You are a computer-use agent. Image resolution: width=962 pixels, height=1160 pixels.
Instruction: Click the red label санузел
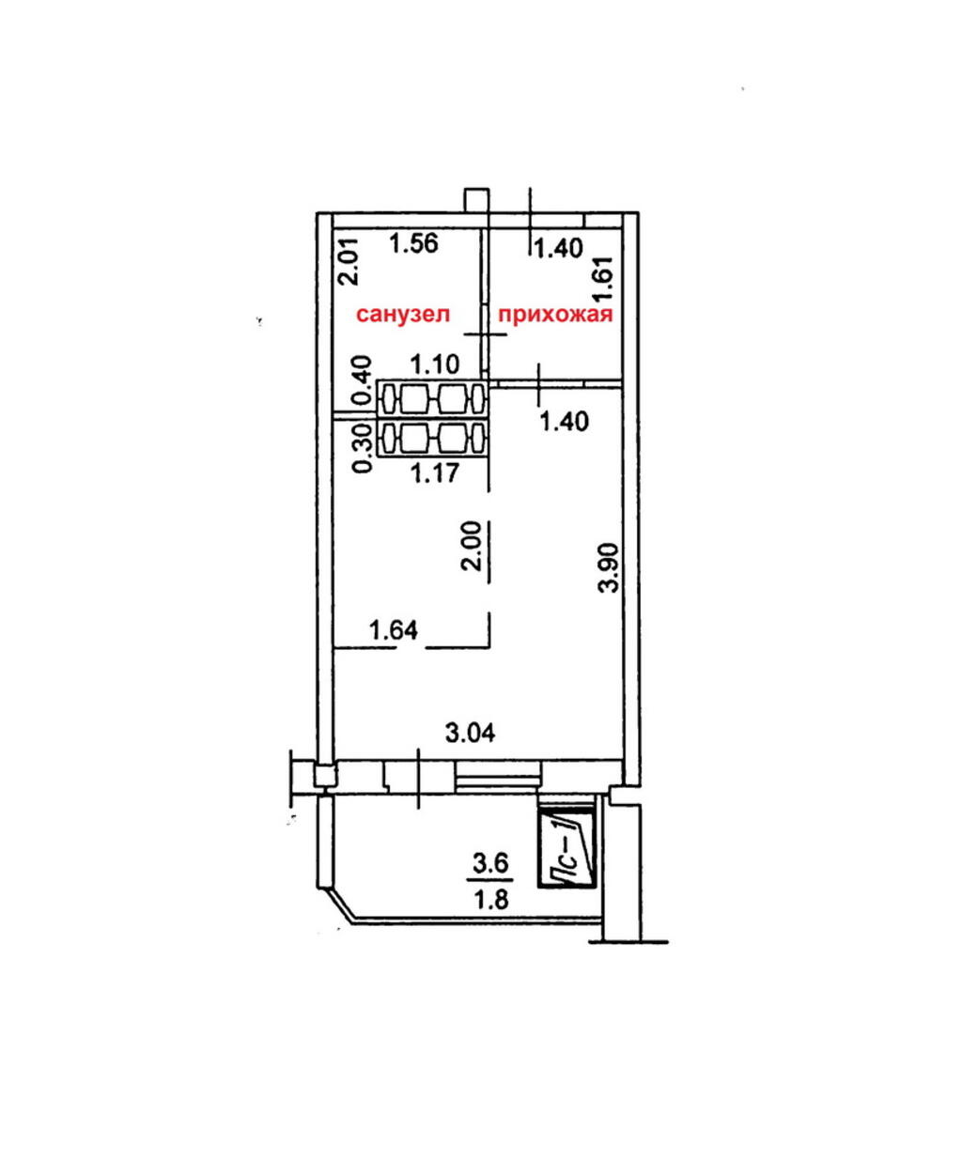tap(403, 315)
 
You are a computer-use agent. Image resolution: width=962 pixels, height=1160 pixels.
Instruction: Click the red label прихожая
tap(554, 316)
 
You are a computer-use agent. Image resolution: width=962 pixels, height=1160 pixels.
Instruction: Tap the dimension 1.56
tap(414, 243)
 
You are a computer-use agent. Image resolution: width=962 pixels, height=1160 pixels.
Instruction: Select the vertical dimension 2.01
tap(351, 260)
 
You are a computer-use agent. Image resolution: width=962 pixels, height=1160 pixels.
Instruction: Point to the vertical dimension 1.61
tap(602, 278)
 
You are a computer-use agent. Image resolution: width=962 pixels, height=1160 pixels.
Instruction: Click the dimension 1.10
tap(435, 364)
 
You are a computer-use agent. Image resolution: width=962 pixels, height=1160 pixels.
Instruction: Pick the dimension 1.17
tap(435, 472)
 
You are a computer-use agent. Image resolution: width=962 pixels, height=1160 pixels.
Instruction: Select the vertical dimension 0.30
tap(363, 449)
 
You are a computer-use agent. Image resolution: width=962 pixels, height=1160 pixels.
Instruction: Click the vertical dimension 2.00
tap(472, 546)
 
